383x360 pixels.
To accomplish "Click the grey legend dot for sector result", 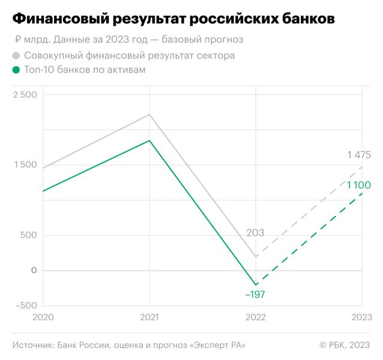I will point(16,56).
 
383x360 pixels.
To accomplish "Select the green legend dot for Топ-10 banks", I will point(16,70).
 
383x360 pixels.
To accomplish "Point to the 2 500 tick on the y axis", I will point(25,95).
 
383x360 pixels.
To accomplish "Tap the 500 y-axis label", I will point(28,235).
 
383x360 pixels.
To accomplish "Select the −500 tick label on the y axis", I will point(25,305).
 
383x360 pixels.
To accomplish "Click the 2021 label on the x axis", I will point(149,316).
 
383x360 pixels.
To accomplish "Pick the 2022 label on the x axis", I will point(256,316).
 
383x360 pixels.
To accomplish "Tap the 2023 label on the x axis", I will point(361,316).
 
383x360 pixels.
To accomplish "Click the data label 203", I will point(256,233).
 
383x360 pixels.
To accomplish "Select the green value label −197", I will point(255,295).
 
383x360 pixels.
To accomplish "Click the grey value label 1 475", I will point(359,155).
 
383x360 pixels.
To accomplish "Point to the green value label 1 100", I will point(359,185).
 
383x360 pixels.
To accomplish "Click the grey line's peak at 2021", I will point(149,115).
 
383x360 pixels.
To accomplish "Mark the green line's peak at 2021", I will point(149,140).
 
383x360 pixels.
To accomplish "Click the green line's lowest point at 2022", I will point(256,284).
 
